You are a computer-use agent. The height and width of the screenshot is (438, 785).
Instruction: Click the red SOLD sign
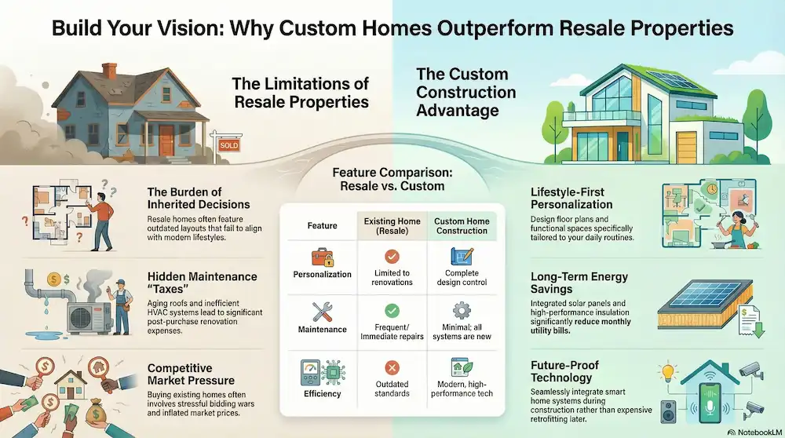point(228,145)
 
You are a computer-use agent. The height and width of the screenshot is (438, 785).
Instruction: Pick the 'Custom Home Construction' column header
point(462,224)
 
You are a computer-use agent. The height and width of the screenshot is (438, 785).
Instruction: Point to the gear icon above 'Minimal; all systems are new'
point(462,311)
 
